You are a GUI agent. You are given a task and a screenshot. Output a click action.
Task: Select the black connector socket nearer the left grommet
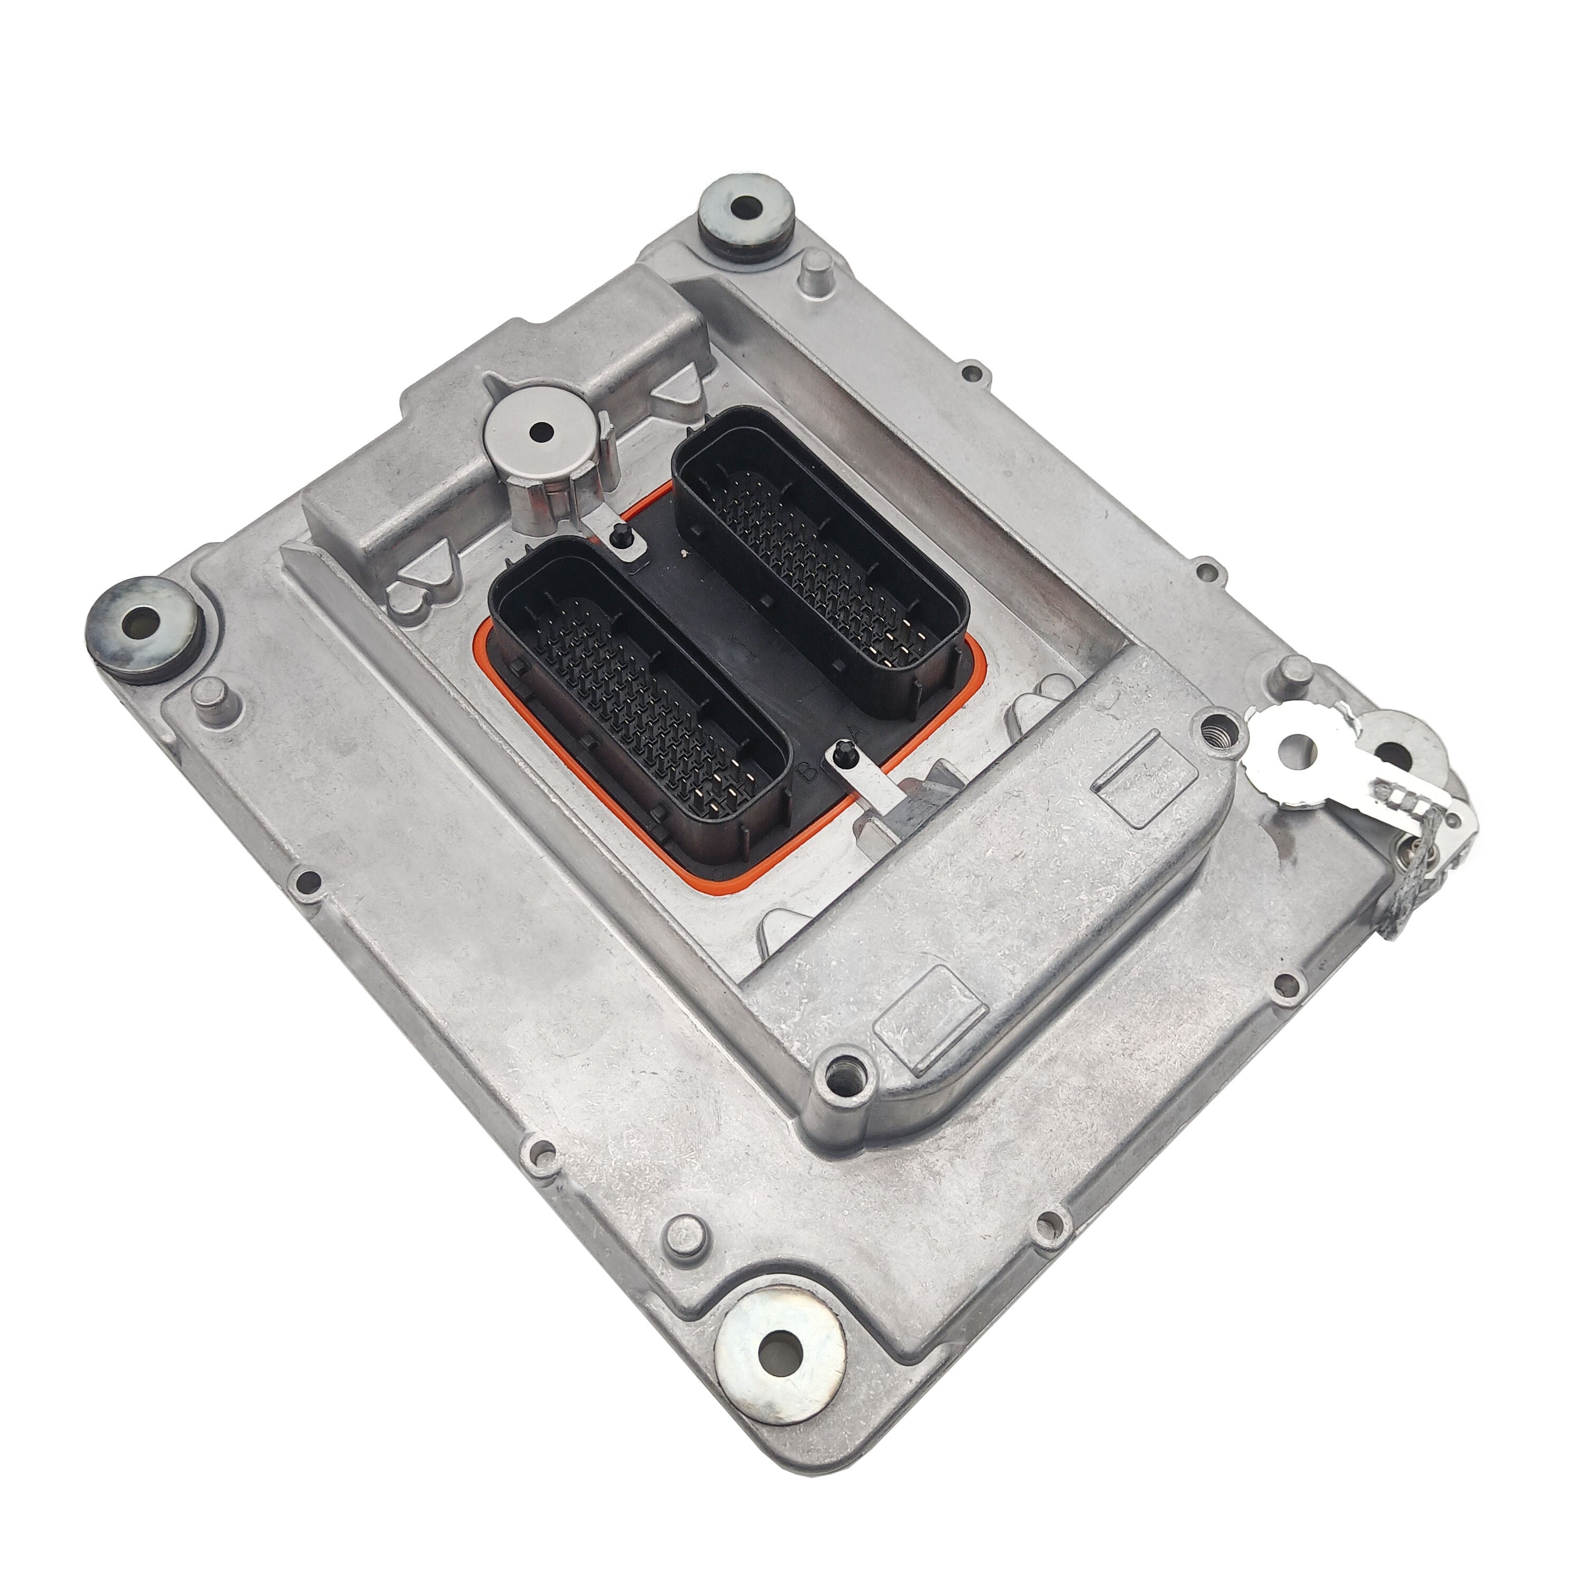point(640,697)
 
